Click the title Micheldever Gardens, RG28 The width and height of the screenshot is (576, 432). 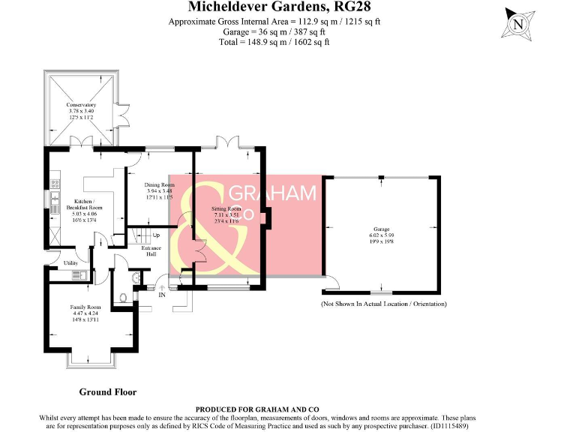tap(274, 7)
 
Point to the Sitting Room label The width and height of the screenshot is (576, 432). tap(225, 213)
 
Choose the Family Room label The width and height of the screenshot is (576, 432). tap(85, 312)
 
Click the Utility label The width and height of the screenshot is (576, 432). tap(70, 263)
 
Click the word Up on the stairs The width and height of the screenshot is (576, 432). tap(156, 235)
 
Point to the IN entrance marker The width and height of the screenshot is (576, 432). tap(161, 295)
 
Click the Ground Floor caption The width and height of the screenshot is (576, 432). tap(108, 391)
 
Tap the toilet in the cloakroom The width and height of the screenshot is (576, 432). tap(124, 298)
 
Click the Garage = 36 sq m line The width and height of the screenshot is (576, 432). tap(274, 32)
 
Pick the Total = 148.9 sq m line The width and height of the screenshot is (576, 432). tap(274, 43)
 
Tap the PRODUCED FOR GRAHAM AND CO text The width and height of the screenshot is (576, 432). tap(274, 409)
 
